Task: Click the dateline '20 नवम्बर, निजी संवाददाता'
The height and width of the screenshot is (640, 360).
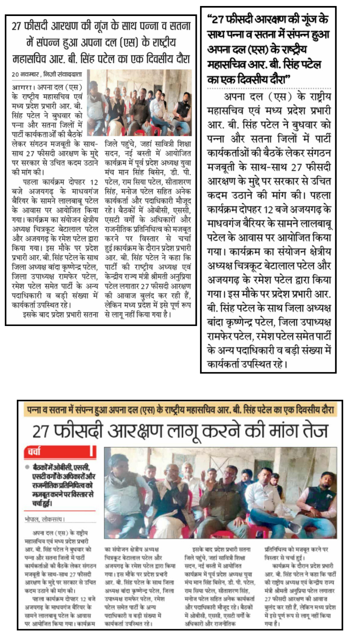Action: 47,74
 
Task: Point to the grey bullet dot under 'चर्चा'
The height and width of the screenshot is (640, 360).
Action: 27,467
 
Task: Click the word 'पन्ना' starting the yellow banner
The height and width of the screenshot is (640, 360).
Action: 34,410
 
